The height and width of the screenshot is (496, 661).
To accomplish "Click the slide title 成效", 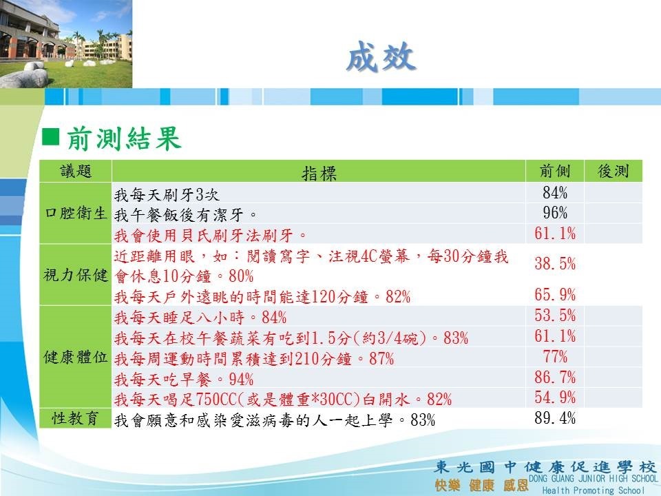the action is pos(381,56).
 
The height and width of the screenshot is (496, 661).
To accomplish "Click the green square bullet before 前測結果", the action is pos(50,137).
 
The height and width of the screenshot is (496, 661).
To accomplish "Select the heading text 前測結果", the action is pos(124,138).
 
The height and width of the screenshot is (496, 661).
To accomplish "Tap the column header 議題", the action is pos(76,172).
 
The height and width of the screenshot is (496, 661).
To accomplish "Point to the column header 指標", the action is pos(319,173).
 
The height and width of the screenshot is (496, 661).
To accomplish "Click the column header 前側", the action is pos(555,172).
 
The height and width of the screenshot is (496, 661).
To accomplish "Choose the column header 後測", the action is pos(613,172).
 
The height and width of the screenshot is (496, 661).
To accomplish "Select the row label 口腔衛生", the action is pos(76,213).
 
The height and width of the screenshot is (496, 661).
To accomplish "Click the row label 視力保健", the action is pos(76,275).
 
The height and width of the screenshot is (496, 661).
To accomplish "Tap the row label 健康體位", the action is pos(76,358).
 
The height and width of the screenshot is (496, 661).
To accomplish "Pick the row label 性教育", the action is pos(76,418).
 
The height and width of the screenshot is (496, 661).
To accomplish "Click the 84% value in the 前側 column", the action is pos(555,193).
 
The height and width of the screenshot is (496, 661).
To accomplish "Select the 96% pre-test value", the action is pos(555,213).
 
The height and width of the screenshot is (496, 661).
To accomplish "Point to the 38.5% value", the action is pos(555,264).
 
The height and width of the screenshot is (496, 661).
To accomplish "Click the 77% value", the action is pos(555,357).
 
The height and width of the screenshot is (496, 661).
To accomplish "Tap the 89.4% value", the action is pos(555,418).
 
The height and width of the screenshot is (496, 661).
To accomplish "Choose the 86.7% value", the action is pos(555,377).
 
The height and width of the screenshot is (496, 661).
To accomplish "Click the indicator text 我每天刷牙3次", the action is pos(167,194).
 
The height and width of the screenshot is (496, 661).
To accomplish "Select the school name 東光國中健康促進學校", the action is pos(545,467).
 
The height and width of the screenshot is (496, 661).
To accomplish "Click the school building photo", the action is pos(66,44).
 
